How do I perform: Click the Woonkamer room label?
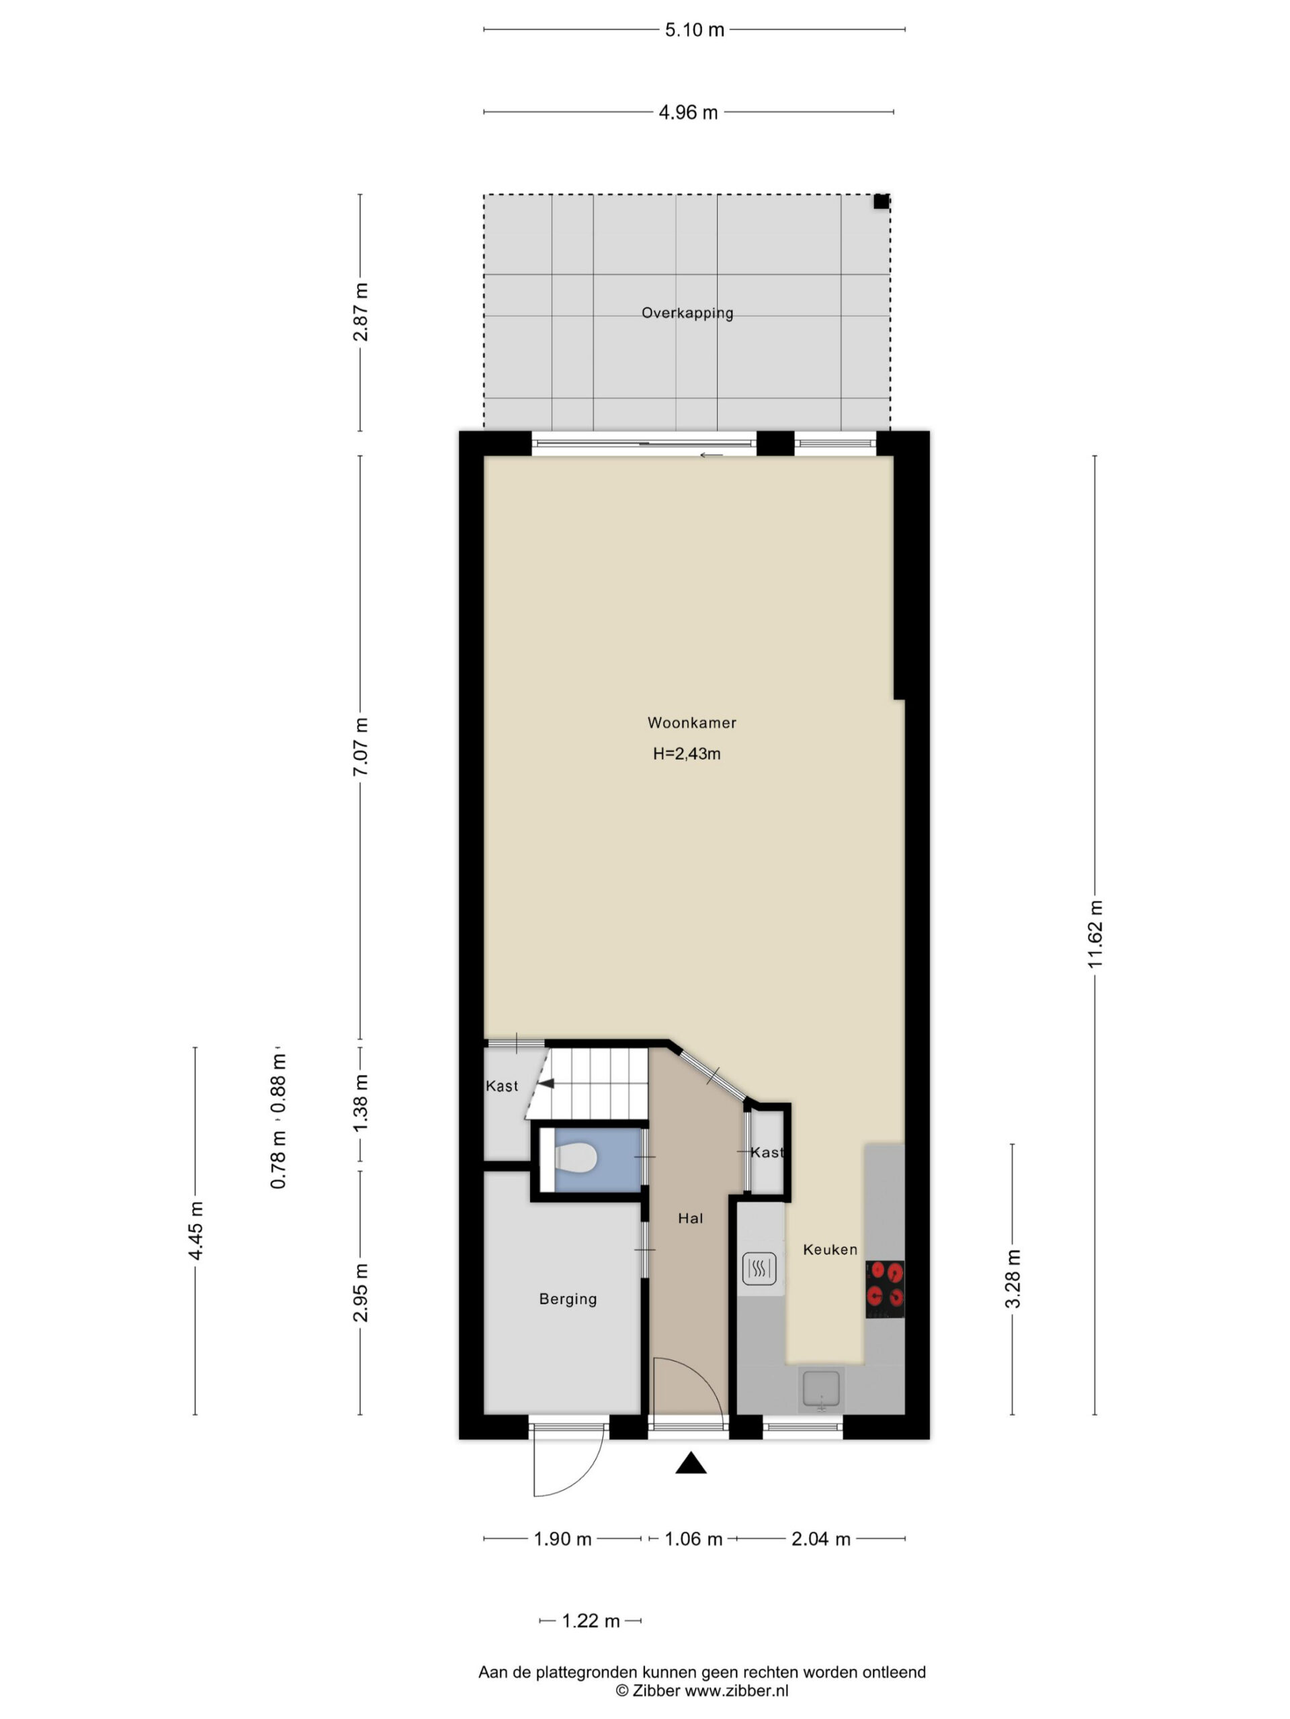coord(691,723)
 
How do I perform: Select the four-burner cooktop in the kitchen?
coord(885,1289)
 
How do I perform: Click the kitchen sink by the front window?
coord(821,1388)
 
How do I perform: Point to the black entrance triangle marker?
coord(691,1463)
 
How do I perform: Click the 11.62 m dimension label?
coord(1095,933)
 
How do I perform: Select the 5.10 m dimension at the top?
coord(694,30)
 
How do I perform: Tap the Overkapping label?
coord(687,313)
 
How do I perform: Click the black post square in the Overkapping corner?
coord(880,202)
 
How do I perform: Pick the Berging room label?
coord(568,1299)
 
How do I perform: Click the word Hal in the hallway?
coord(690,1218)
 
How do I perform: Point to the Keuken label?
coord(830,1249)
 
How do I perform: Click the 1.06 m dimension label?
coord(693,1540)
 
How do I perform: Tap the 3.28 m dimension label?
coord(1013,1279)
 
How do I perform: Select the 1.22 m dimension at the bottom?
coord(590,1621)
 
